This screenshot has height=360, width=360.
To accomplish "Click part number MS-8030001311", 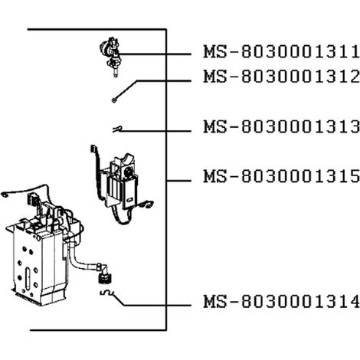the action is click(x=282, y=51).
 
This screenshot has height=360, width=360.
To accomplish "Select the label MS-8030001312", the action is click(x=282, y=77).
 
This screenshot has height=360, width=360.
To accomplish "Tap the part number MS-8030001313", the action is click(x=282, y=126).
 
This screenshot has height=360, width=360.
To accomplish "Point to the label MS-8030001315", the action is click(x=282, y=176).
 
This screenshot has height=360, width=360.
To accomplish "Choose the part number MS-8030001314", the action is click(x=282, y=301).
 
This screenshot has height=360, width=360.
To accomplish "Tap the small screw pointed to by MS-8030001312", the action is click(x=114, y=100).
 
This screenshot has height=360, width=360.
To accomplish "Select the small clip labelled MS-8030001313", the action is click(x=117, y=129).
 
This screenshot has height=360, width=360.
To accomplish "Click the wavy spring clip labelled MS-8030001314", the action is click(x=107, y=293).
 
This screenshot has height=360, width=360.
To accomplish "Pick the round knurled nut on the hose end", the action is click(x=105, y=278).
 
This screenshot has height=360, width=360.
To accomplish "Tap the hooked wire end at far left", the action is click(x=5, y=195).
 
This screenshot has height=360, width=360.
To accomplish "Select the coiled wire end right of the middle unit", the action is click(x=146, y=205).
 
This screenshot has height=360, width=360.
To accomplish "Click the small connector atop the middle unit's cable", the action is click(x=93, y=149).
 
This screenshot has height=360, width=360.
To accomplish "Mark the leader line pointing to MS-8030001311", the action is click(x=155, y=54).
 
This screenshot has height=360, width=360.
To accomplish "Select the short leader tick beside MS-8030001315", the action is click(x=178, y=181).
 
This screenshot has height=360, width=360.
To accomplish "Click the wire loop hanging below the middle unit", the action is click(x=121, y=217).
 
